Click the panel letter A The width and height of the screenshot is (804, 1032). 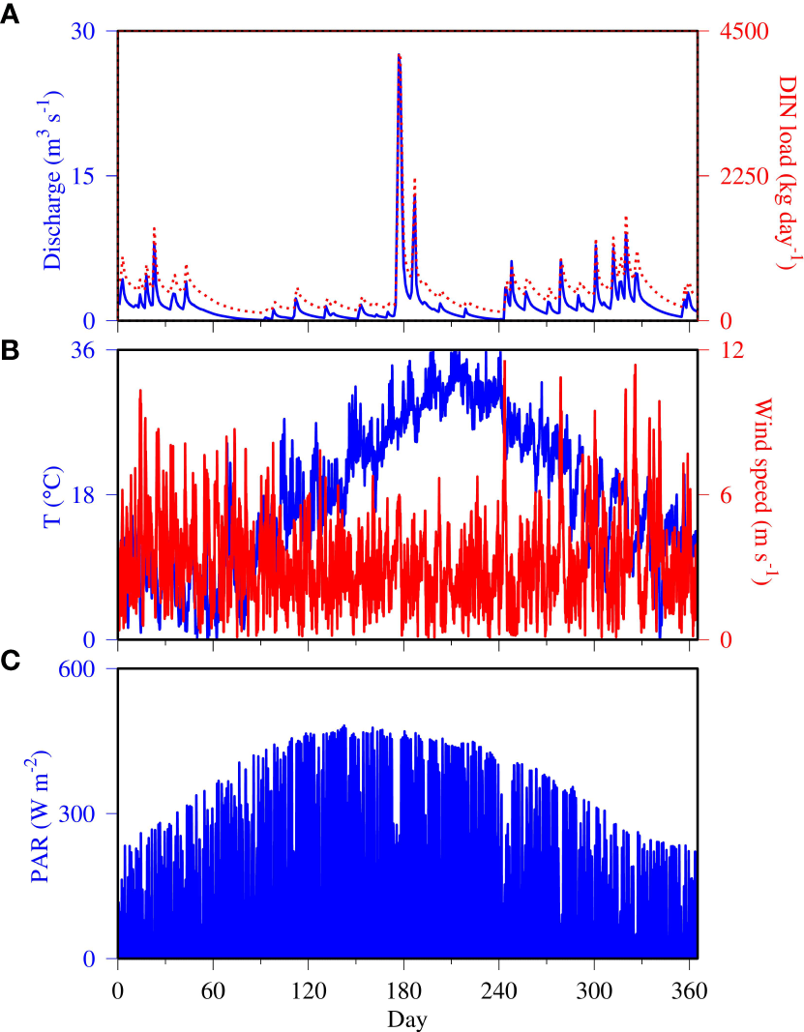(x=10, y=18)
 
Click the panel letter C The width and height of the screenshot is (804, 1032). (x=11, y=661)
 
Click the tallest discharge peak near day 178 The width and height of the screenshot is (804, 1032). (x=399, y=56)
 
